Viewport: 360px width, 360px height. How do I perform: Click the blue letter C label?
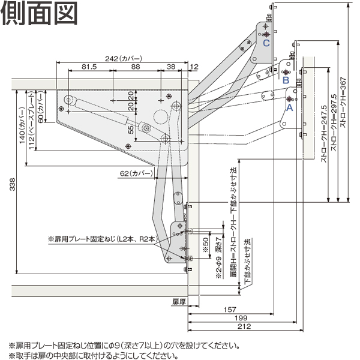coord(266,43)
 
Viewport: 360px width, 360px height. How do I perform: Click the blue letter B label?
coord(286,80)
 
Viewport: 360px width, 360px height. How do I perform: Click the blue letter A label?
coord(290,107)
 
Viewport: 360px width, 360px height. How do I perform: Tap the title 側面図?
coord(39,13)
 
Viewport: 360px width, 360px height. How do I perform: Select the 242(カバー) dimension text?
coord(124,59)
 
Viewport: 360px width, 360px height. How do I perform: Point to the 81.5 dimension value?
coord(89,67)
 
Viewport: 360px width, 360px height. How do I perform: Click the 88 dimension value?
coord(136,67)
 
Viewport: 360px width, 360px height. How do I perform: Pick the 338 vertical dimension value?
coord(13,184)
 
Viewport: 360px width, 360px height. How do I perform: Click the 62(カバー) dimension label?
coord(136,173)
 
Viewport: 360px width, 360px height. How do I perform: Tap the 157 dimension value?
coord(230,310)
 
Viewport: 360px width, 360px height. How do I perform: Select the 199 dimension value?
coord(241,318)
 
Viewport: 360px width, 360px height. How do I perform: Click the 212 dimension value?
coord(244,326)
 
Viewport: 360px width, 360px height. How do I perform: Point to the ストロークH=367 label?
coord(343,102)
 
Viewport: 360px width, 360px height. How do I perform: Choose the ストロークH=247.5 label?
coord(324,134)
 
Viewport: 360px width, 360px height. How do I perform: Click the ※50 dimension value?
coord(206,245)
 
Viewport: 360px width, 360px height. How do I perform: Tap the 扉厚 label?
coord(179,301)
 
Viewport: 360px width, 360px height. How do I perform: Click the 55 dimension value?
coord(131,130)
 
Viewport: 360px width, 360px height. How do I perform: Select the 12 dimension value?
coord(194,67)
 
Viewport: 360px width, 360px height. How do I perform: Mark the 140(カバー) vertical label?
coord(22,126)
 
